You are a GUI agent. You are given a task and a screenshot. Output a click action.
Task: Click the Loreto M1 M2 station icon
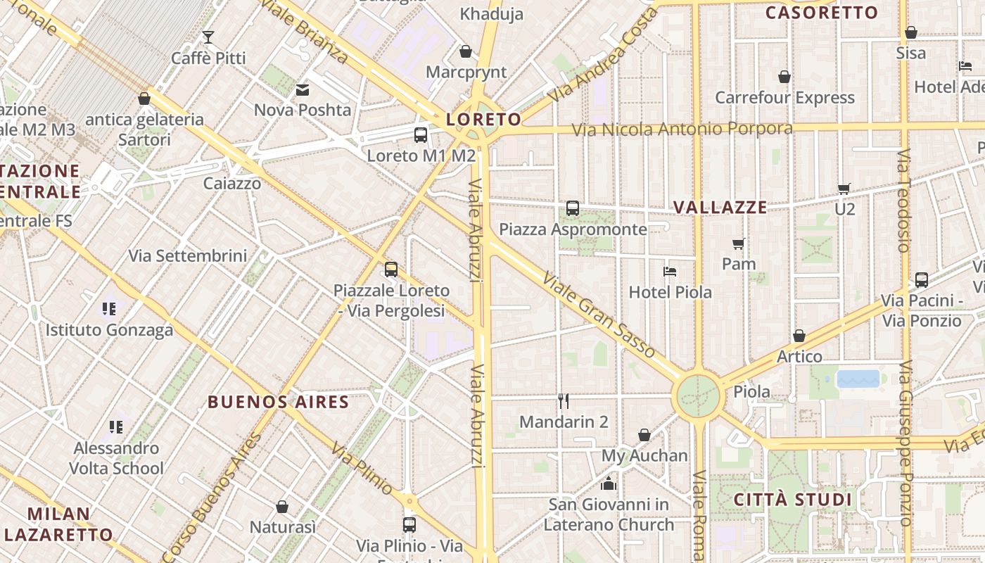click(421, 135)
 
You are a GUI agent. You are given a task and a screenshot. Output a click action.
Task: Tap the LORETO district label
click(483, 120)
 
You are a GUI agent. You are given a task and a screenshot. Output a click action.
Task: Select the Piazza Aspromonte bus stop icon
click(573, 208)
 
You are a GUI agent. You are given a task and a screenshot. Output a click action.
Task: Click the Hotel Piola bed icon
click(670, 271)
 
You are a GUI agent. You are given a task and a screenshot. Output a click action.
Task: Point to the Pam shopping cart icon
click(738, 243)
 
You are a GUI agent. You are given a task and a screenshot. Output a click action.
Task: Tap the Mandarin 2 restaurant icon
click(563, 401)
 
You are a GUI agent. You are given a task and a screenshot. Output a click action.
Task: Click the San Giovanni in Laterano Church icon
click(608, 483)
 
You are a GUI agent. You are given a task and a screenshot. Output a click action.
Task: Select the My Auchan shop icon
click(644, 435)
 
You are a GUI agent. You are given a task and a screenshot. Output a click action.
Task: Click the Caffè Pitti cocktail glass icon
click(208, 37)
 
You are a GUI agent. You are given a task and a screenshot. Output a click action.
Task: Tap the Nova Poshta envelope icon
click(303, 89)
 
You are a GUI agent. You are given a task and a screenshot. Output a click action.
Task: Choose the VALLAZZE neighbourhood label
click(720, 208)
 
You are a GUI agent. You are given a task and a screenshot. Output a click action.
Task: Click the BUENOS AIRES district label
click(279, 403)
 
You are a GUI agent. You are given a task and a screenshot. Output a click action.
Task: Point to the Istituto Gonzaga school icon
click(108, 308)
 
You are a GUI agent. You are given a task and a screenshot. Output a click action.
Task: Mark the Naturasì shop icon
click(282, 507)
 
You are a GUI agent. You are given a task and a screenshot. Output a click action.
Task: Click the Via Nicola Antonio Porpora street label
click(682, 129)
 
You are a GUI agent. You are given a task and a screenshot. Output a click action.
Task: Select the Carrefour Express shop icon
click(784, 77)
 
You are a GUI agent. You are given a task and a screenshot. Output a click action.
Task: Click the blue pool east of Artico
click(858, 379)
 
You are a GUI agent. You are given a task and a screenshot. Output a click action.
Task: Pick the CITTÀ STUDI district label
click(793, 500)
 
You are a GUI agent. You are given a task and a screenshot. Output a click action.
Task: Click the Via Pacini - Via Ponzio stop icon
click(922, 279)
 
